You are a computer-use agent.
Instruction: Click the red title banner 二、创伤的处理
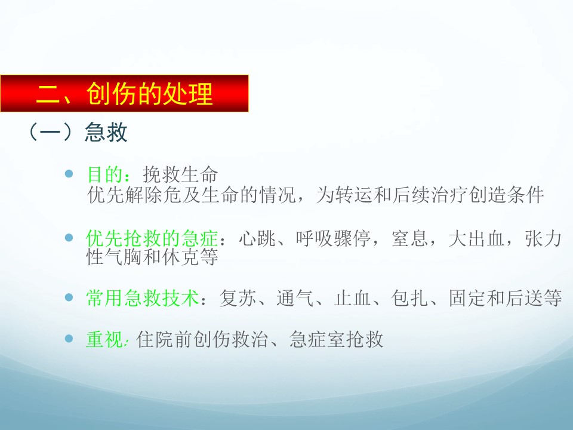(124, 93)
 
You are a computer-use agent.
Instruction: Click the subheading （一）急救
(78, 132)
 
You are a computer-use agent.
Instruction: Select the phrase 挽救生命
(180, 174)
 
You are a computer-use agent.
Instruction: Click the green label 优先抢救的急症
(152, 238)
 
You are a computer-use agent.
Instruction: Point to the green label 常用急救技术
(143, 297)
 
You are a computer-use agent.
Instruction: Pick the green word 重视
(104, 339)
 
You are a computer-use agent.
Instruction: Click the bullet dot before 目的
(69, 174)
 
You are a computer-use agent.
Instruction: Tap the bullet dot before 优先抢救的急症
(69, 238)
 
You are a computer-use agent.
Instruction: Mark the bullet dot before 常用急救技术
(69, 297)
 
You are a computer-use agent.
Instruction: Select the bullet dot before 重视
(69, 339)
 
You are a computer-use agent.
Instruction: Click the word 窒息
(409, 238)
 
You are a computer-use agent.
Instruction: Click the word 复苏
(238, 297)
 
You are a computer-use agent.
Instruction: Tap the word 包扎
(409, 297)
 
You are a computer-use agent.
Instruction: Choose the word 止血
(352, 297)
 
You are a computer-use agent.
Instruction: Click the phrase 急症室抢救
(336, 339)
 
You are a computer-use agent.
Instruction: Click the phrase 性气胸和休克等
(152, 257)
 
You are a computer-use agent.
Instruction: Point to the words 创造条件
(507, 195)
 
